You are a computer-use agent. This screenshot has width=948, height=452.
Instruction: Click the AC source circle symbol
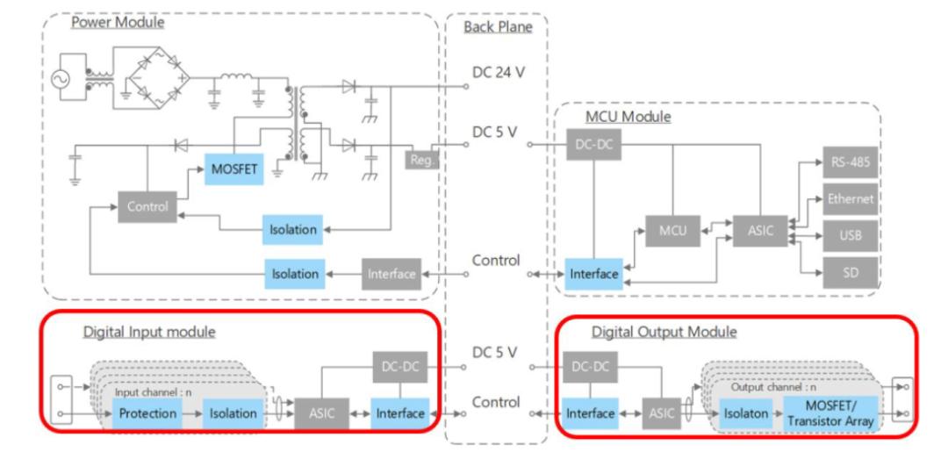tap(62, 80)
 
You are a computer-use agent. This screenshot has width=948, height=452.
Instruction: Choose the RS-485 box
tap(851, 161)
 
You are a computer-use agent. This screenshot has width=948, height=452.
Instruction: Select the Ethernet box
tap(851, 199)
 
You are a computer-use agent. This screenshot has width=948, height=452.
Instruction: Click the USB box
tap(851, 236)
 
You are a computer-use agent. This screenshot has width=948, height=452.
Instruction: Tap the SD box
tap(851, 273)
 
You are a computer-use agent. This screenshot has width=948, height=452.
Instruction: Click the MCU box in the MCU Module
tap(673, 230)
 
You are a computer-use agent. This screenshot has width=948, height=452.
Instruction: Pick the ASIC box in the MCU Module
tap(760, 230)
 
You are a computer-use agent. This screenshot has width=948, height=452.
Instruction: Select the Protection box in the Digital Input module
tap(148, 414)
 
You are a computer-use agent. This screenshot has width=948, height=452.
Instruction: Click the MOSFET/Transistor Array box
tap(831, 414)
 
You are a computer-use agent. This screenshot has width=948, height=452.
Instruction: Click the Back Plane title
tap(499, 27)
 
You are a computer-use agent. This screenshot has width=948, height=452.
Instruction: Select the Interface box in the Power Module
tap(391, 274)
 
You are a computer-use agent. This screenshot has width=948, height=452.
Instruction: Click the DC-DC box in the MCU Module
tap(593, 145)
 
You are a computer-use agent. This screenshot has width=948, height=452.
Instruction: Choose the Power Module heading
tap(118, 23)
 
